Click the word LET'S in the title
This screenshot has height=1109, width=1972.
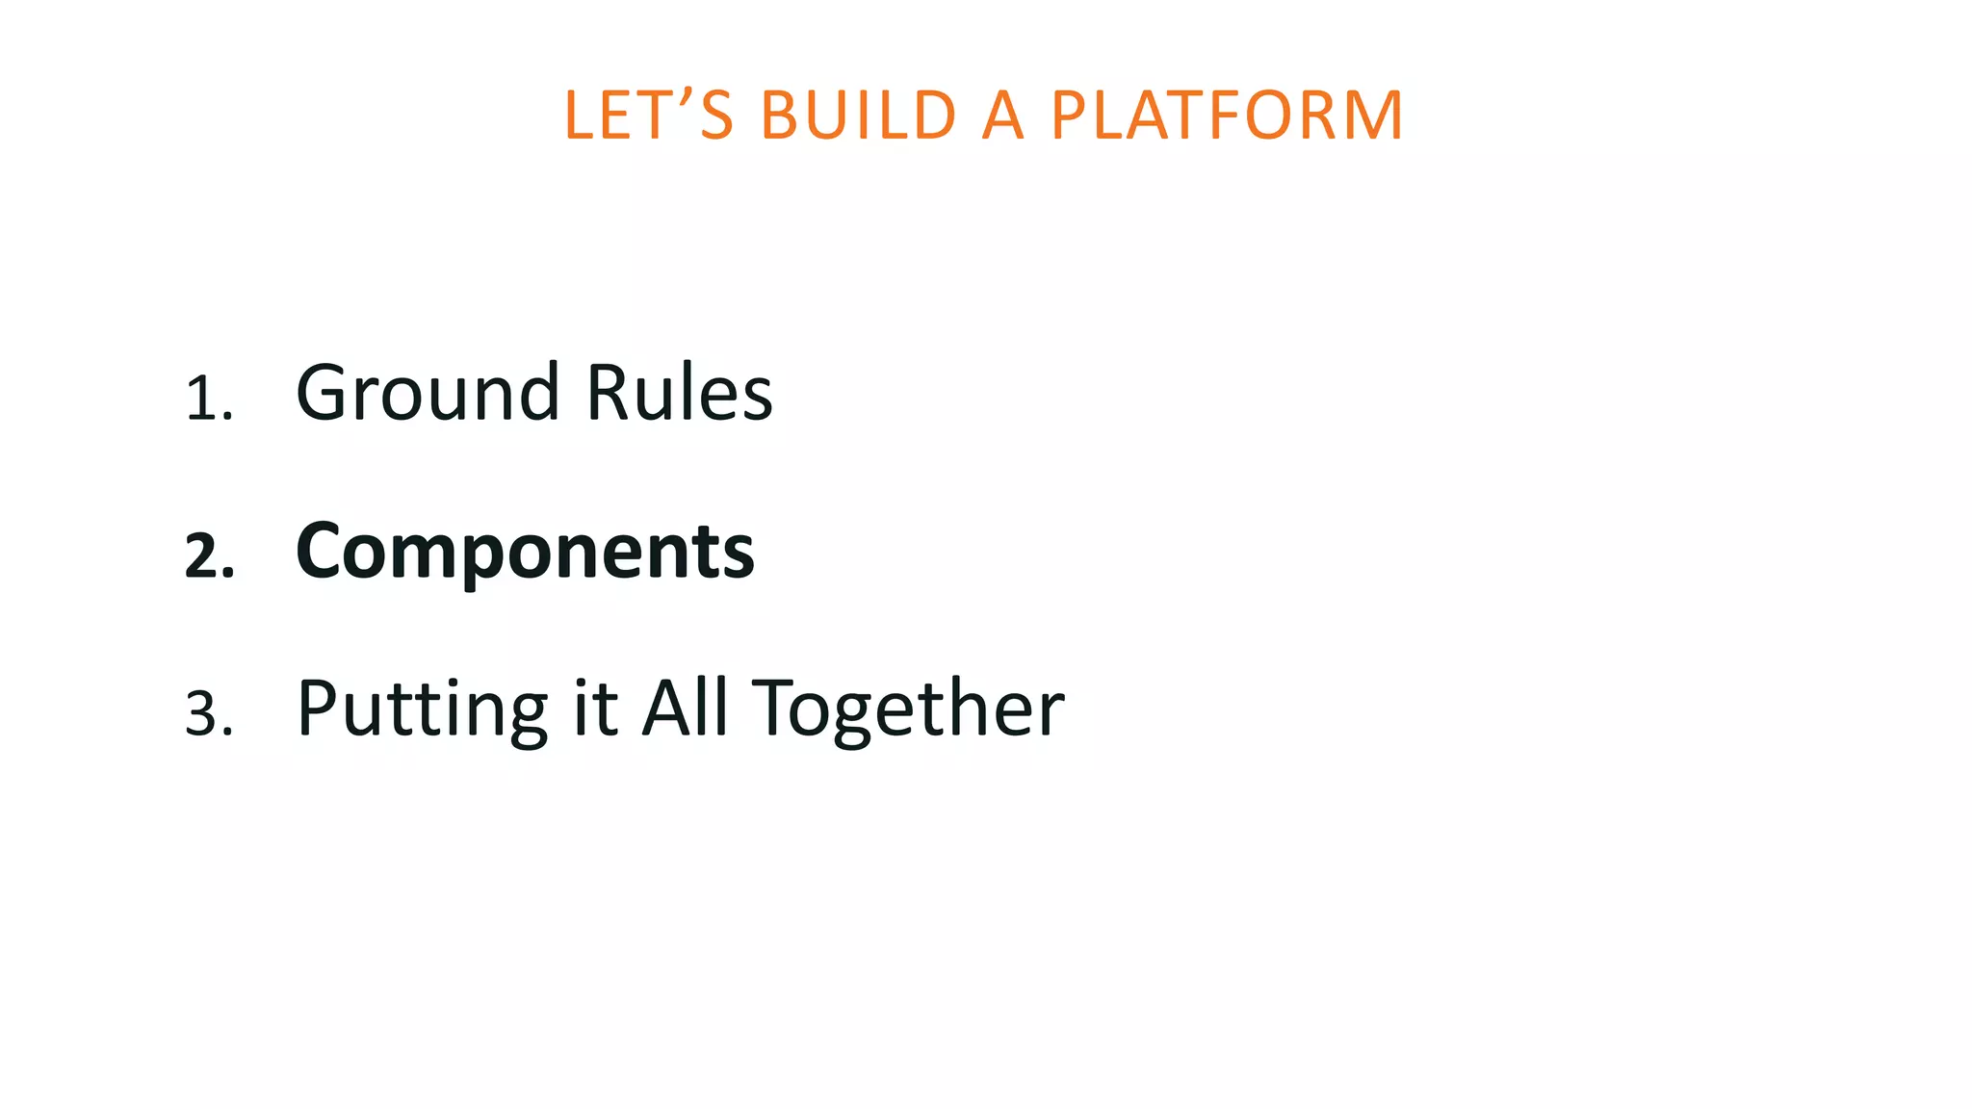[x=648, y=116]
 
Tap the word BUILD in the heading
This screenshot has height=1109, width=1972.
[x=858, y=116]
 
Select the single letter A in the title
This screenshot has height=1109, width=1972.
[x=1002, y=116]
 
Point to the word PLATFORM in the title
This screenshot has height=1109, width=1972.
[x=1227, y=116]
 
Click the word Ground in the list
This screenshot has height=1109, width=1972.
[x=428, y=393]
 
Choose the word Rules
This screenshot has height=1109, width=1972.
[x=679, y=393]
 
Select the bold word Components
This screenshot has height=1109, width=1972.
[x=525, y=552]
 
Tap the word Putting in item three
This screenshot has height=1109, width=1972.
[x=422, y=710]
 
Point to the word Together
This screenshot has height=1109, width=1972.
[x=907, y=710]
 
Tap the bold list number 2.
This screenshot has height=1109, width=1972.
[x=207, y=557]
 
